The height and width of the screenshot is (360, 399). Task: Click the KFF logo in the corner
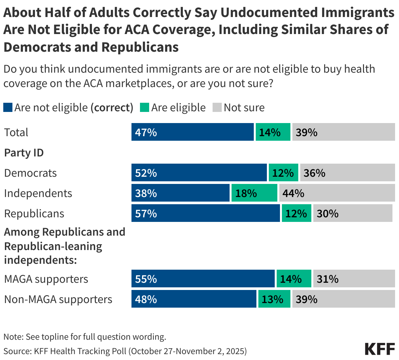[x=380, y=349]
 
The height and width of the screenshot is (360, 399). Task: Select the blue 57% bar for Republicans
[x=205, y=213]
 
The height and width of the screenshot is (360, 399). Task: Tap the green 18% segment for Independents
[x=254, y=193]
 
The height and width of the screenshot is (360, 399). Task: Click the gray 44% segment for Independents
[x=337, y=193]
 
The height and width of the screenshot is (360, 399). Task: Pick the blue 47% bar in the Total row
[x=192, y=132]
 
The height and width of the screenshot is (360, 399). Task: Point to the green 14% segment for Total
[x=273, y=132]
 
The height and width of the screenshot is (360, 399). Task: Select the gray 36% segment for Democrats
[x=347, y=173]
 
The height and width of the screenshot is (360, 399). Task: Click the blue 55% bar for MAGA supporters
[x=203, y=279]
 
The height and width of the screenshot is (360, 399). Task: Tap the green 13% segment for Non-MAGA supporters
[x=274, y=299]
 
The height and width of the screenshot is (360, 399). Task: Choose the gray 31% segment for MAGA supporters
[x=354, y=279]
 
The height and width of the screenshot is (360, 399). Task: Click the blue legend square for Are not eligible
[x=8, y=107]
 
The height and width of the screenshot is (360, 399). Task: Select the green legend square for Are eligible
[x=145, y=107]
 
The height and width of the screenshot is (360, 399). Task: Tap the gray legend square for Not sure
[x=217, y=107]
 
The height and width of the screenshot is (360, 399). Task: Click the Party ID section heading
[x=24, y=153]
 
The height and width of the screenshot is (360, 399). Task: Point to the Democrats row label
[x=30, y=173]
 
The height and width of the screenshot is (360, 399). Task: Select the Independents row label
[x=38, y=193]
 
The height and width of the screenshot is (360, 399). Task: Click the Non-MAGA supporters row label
[x=58, y=299]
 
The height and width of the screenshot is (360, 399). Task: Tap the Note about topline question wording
[x=85, y=337]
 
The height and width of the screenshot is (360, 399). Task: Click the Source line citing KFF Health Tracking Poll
[x=125, y=351]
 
